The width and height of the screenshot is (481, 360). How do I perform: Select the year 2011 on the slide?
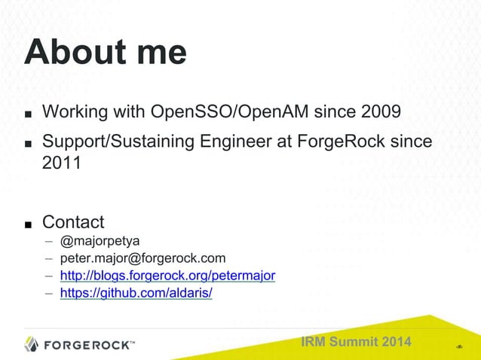(61, 163)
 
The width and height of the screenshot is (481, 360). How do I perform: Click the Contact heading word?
(73, 222)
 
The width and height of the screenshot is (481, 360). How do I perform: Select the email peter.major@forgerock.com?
(142, 259)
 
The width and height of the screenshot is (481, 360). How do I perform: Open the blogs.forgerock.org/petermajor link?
(167, 276)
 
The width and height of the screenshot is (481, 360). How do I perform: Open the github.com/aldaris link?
(136, 293)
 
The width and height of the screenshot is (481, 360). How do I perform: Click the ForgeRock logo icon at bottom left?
(31, 344)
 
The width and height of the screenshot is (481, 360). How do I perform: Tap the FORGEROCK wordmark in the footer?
(88, 345)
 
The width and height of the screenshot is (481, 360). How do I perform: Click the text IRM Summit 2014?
(356, 343)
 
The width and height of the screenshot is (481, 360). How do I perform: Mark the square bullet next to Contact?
(27, 224)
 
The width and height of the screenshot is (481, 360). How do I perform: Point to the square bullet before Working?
(27, 115)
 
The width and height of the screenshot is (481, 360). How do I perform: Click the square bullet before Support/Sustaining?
(27, 143)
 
